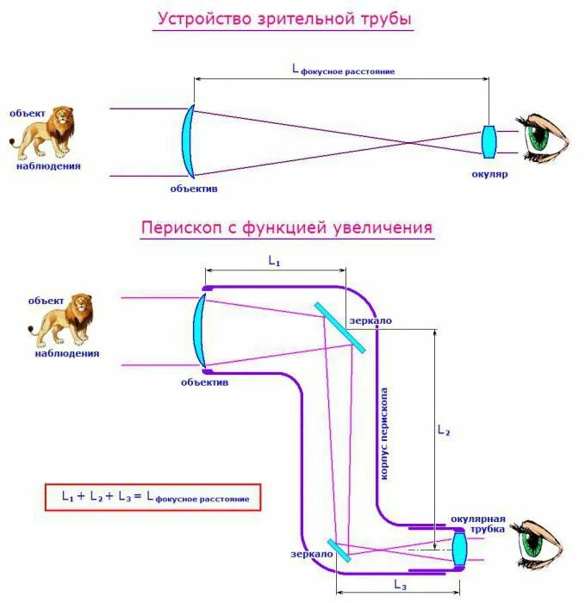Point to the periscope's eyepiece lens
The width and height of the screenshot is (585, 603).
(458, 548)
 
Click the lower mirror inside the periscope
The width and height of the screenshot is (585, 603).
(332, 550)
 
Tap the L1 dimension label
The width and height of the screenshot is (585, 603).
(274, 259)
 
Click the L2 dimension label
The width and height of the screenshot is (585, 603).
(444, 430)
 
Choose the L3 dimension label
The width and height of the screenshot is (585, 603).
(400, 585)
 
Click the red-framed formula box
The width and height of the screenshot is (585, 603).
(152, 497)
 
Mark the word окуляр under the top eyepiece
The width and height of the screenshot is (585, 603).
(489, 174)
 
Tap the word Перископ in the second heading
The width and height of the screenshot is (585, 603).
(176, 228)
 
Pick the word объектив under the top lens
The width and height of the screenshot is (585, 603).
(194, 187)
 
